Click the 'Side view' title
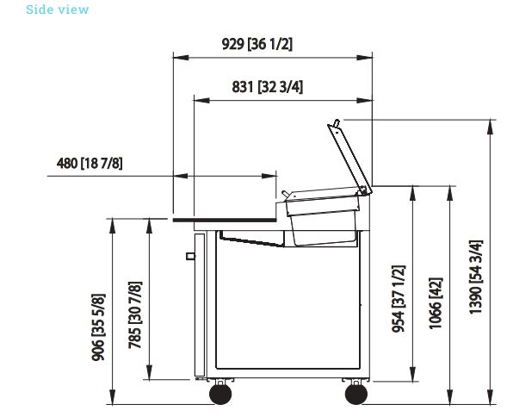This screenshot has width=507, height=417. click(x=57, y=9)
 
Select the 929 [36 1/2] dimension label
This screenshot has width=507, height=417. click(x=257, y=44)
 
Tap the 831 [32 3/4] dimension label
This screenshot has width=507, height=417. click(x=268, y=87)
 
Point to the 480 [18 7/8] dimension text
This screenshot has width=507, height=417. click(x=90, y=163)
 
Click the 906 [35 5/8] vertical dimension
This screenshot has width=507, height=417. click(x=98, y=327)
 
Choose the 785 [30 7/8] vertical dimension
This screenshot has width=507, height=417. click(x=135, y=315)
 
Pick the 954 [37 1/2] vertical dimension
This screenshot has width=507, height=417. click(x=399, y=299)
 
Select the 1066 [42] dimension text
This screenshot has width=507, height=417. click(x=436, y=303)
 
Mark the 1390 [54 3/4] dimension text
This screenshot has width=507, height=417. click(x=476, y=277)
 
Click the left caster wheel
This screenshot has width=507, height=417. click(x=220, y=394)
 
